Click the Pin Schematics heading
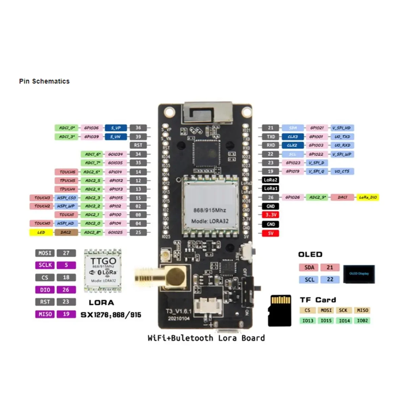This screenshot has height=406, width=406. tap(44, 81)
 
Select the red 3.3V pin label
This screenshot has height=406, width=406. tap(271, 215)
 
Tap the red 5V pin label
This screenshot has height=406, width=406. tap(271, 233)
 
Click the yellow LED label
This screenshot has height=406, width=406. tap(41, 232)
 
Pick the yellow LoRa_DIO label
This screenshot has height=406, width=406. tap(368, 197)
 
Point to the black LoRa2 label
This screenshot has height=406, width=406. tap(271, 180)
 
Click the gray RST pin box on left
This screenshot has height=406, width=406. tap(138, 145)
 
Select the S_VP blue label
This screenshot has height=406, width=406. tap(116, 128)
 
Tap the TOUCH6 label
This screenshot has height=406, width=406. tap(67, 172)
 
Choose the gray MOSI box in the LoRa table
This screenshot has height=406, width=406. tap(45, 253)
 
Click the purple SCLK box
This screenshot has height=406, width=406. tap(45, 265)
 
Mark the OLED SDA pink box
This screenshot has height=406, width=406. tap(309, 268)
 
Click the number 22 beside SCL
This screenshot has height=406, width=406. tap(330, 279)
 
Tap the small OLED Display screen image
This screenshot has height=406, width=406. tap(359, 274)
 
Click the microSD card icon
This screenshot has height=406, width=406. tap(280, 311)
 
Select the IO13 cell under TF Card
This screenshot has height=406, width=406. tap(308, 320)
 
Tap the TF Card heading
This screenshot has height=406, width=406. tap(318, 300)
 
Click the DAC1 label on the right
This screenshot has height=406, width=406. tap(342, 197)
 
